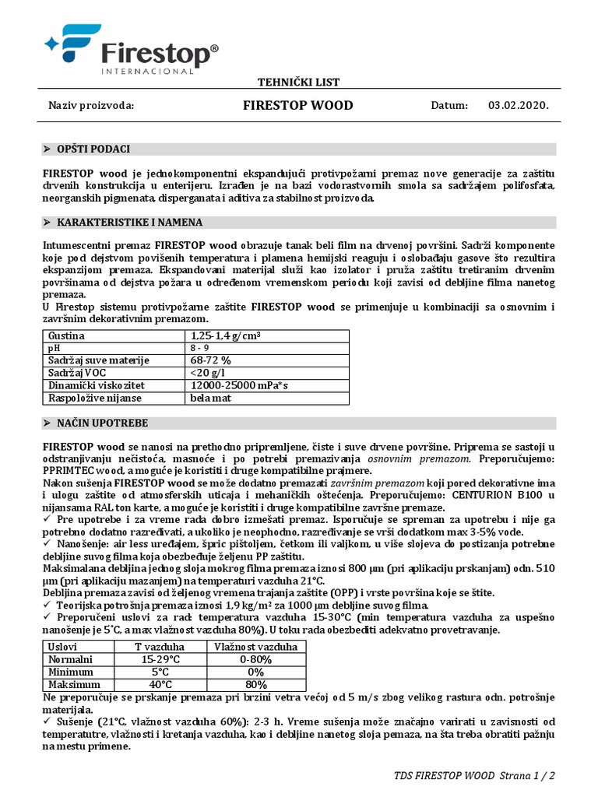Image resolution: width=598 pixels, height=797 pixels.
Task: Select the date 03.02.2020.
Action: click(x=518, y=106)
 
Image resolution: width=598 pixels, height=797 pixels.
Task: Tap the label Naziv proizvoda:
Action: click(x=92, y=106)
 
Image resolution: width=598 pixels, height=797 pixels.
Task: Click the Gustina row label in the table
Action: click(x=66, y=335)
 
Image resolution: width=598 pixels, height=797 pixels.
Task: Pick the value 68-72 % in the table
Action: click(x=210, y=360)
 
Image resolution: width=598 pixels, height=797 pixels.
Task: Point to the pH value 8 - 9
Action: click(x=202, y=348)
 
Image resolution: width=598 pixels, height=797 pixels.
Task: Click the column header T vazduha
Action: click(x=160, y=647)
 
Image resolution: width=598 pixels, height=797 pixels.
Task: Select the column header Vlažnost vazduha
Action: click(x=256, y=647)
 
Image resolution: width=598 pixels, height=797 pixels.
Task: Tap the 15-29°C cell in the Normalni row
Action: click(x=160, y=659)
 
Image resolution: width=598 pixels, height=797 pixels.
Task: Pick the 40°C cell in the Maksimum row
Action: click(x=160, y=684)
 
